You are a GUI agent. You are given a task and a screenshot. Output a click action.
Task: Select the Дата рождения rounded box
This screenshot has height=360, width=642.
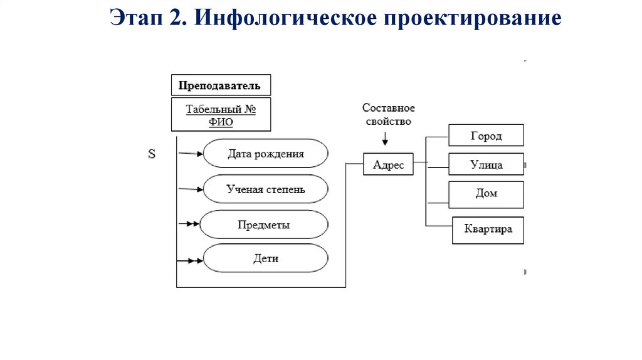pos(266,154)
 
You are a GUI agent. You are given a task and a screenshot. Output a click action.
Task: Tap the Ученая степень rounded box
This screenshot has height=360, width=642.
pos(266,189)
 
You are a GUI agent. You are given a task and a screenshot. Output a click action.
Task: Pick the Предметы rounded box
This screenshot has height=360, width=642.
pos(263,225)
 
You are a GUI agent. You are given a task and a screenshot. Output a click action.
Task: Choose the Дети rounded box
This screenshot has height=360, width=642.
pos(266,258)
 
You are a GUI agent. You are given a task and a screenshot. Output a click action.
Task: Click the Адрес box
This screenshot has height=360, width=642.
pos(388,165)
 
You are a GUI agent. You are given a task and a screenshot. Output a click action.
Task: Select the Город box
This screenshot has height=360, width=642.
pos(486,136)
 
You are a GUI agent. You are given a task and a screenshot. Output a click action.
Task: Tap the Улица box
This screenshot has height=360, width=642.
pos(486,165)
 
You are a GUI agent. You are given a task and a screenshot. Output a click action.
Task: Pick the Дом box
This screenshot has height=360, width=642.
pos(486,194)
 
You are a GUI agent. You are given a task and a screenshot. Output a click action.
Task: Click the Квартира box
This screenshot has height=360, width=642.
pos(488,230)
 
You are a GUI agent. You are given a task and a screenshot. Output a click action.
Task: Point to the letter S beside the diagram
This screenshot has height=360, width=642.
pos(152,154)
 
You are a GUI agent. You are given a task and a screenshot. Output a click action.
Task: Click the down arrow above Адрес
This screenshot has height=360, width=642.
pos(384,137)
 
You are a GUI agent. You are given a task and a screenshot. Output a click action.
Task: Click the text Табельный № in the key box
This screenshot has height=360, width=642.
pos(221,109)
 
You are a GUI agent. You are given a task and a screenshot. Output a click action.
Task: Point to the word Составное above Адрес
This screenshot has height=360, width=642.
pos(389,109)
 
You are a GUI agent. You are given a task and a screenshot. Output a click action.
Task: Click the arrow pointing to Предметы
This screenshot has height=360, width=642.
pos(188,224)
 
